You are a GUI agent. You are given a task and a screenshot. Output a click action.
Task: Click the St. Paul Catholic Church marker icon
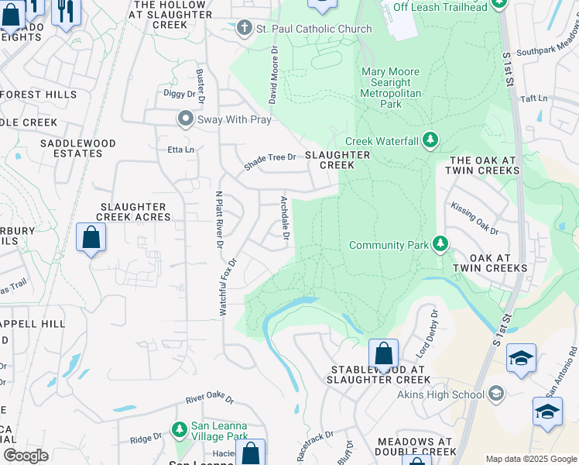coord(245,29)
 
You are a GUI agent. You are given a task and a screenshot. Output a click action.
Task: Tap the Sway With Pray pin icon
coord(185,119)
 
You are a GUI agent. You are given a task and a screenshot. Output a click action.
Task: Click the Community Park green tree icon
coord(440,245)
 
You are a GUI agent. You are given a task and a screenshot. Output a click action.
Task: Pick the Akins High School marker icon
coord(495,394)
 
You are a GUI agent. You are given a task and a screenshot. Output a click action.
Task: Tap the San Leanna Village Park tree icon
coord(180,429)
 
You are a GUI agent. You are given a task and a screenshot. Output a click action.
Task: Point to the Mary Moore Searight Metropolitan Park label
coord(391,88)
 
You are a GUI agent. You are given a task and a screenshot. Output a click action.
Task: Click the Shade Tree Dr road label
coord(270,161)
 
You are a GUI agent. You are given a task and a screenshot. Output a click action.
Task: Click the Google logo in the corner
coord(26,456)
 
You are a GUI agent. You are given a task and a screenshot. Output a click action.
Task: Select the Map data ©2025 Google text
coord(530,459)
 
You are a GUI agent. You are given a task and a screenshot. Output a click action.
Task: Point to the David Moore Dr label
coord(272,74)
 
